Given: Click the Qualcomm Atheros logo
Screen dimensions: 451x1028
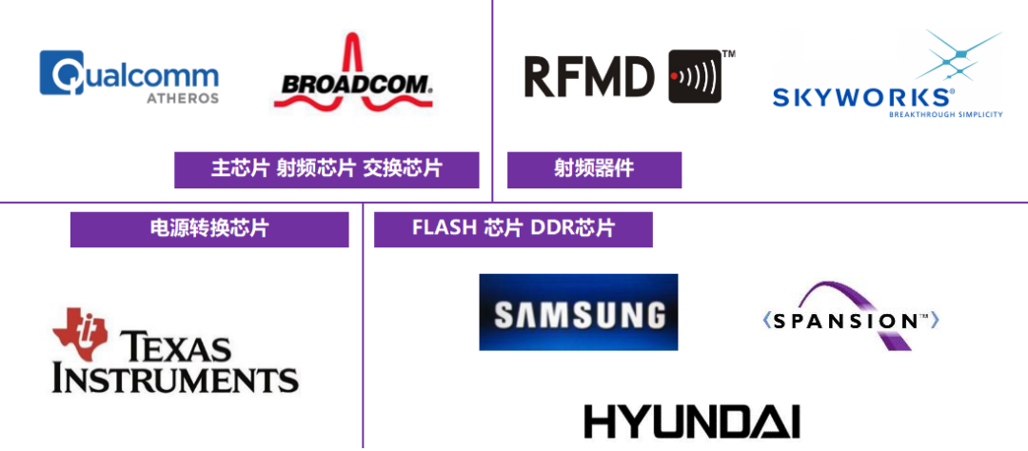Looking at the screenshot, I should coord(127,73).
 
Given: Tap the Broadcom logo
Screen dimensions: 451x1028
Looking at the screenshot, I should coord(351,73).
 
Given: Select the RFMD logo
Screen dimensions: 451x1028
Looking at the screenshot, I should coord(628,73).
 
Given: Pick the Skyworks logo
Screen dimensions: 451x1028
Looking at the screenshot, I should coord(886,73).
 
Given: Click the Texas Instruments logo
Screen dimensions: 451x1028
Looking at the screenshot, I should coord(177,350).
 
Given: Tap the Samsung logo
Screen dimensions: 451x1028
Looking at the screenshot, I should coord(578,312).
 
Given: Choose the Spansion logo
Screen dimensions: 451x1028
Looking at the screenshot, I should coord(851,312).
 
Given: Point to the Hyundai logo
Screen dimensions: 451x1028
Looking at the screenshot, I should coord(693,419).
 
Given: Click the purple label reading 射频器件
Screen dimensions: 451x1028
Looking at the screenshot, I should coord(594,169).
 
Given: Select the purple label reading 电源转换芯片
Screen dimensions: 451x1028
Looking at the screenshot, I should coord(208,229).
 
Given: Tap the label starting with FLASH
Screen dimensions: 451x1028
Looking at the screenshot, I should coord(513,229).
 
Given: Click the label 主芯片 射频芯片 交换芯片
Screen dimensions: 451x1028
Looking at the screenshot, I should coord(326,169).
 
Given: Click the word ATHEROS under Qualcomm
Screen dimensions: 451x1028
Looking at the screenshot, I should coord(183,98).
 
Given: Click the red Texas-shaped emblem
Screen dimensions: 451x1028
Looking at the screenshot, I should coord(79,333).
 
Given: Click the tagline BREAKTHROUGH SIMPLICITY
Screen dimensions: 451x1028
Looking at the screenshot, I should coord(946,114).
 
